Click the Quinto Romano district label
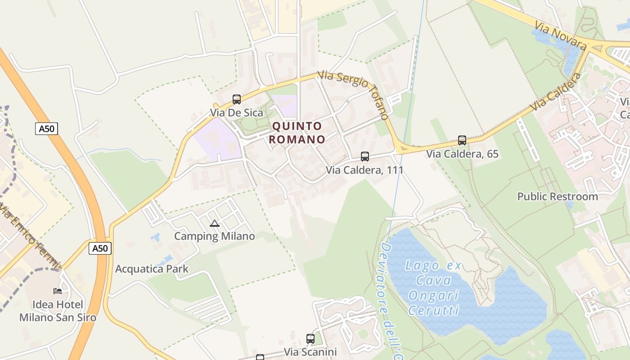tap(297, 133)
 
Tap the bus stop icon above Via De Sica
tap(237, 99)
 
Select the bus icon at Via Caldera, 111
tap(365, 157)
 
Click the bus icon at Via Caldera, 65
tap(462, 140)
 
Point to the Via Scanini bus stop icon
tap(310, 338)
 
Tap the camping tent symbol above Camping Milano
tap(215, 223)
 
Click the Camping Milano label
tap(215, 236)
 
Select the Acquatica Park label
tap(152, 269)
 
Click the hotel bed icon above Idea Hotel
tap(58, 291)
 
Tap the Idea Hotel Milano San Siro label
tap(58, 311)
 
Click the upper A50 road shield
tap(47, 129)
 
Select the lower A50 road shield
tap(100, 248)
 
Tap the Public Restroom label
tap(558, 197)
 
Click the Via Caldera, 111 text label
tap(364, 170)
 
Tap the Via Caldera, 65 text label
tap(462, 154)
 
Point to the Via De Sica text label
tap(236, 112)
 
